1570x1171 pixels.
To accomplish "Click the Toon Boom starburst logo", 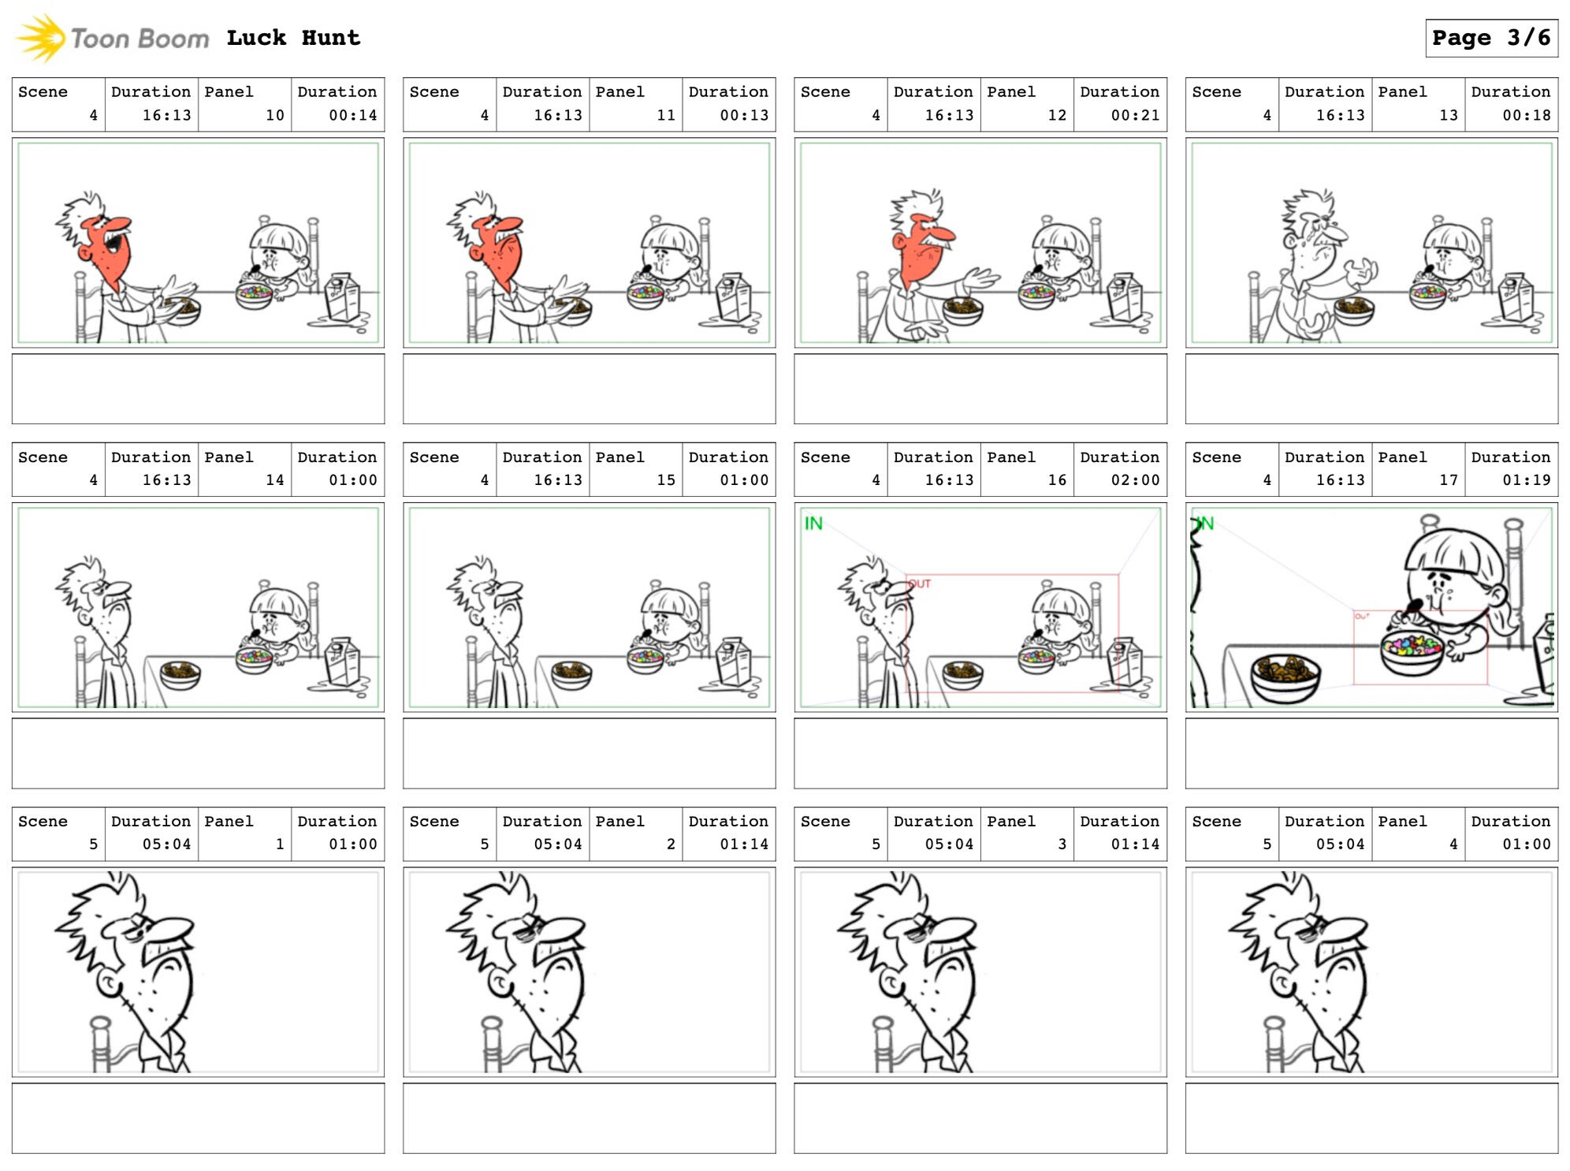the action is (42, 38).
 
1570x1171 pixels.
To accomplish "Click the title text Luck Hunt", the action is (293, 38).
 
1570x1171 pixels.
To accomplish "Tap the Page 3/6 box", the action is (1491, 38).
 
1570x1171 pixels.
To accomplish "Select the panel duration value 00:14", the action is (352, 115).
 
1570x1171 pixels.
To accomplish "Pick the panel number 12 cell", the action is (1027, 105).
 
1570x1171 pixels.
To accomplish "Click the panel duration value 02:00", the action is (1135, 479).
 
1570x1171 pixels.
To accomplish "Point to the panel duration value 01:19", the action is (1526, 479).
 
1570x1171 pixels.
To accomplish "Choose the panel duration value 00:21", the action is (1135, 115).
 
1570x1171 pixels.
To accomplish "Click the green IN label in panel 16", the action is (813, 524).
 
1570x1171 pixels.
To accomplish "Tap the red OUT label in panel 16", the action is (920, 584).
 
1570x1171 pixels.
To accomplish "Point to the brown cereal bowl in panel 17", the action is (1285, 677).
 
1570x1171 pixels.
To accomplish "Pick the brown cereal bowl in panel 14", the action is (180, 675).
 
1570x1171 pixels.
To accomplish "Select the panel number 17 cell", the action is (1418, 469).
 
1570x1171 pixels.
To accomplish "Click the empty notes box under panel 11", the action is (590, 389).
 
